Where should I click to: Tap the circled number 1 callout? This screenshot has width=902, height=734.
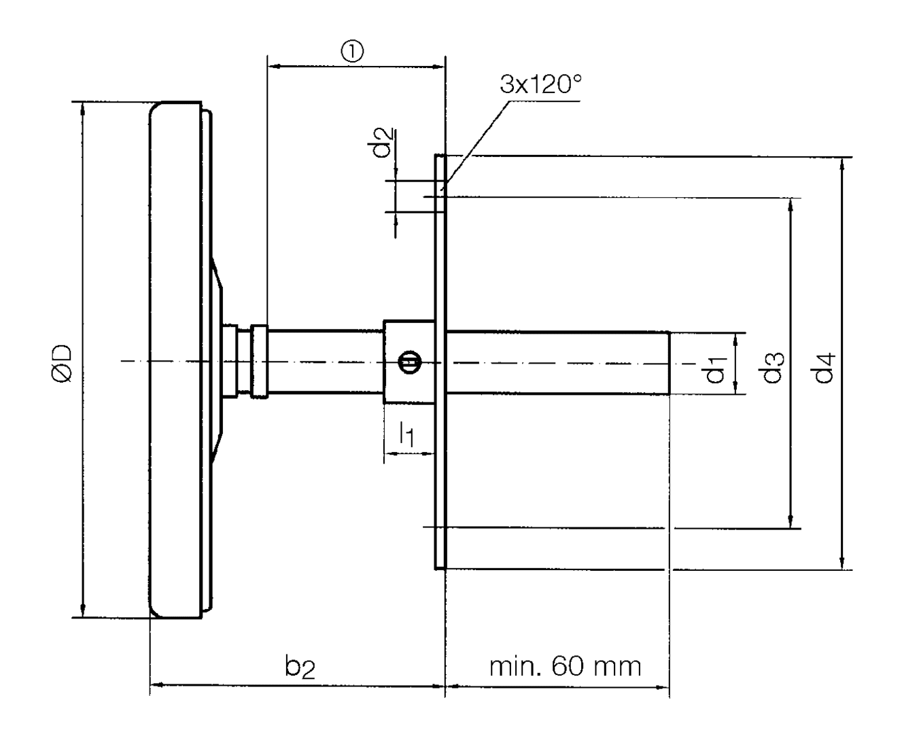[x=353, y=51]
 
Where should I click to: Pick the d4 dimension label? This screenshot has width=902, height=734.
[x=825, y=367]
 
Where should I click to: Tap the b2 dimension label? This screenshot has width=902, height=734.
[x=300, y=668]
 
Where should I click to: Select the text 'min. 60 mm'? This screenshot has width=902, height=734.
[x=566, y=666]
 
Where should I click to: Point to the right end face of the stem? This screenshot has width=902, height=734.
[x=670, y=363]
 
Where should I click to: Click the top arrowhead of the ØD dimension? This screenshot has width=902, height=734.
[x=83, y=109]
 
